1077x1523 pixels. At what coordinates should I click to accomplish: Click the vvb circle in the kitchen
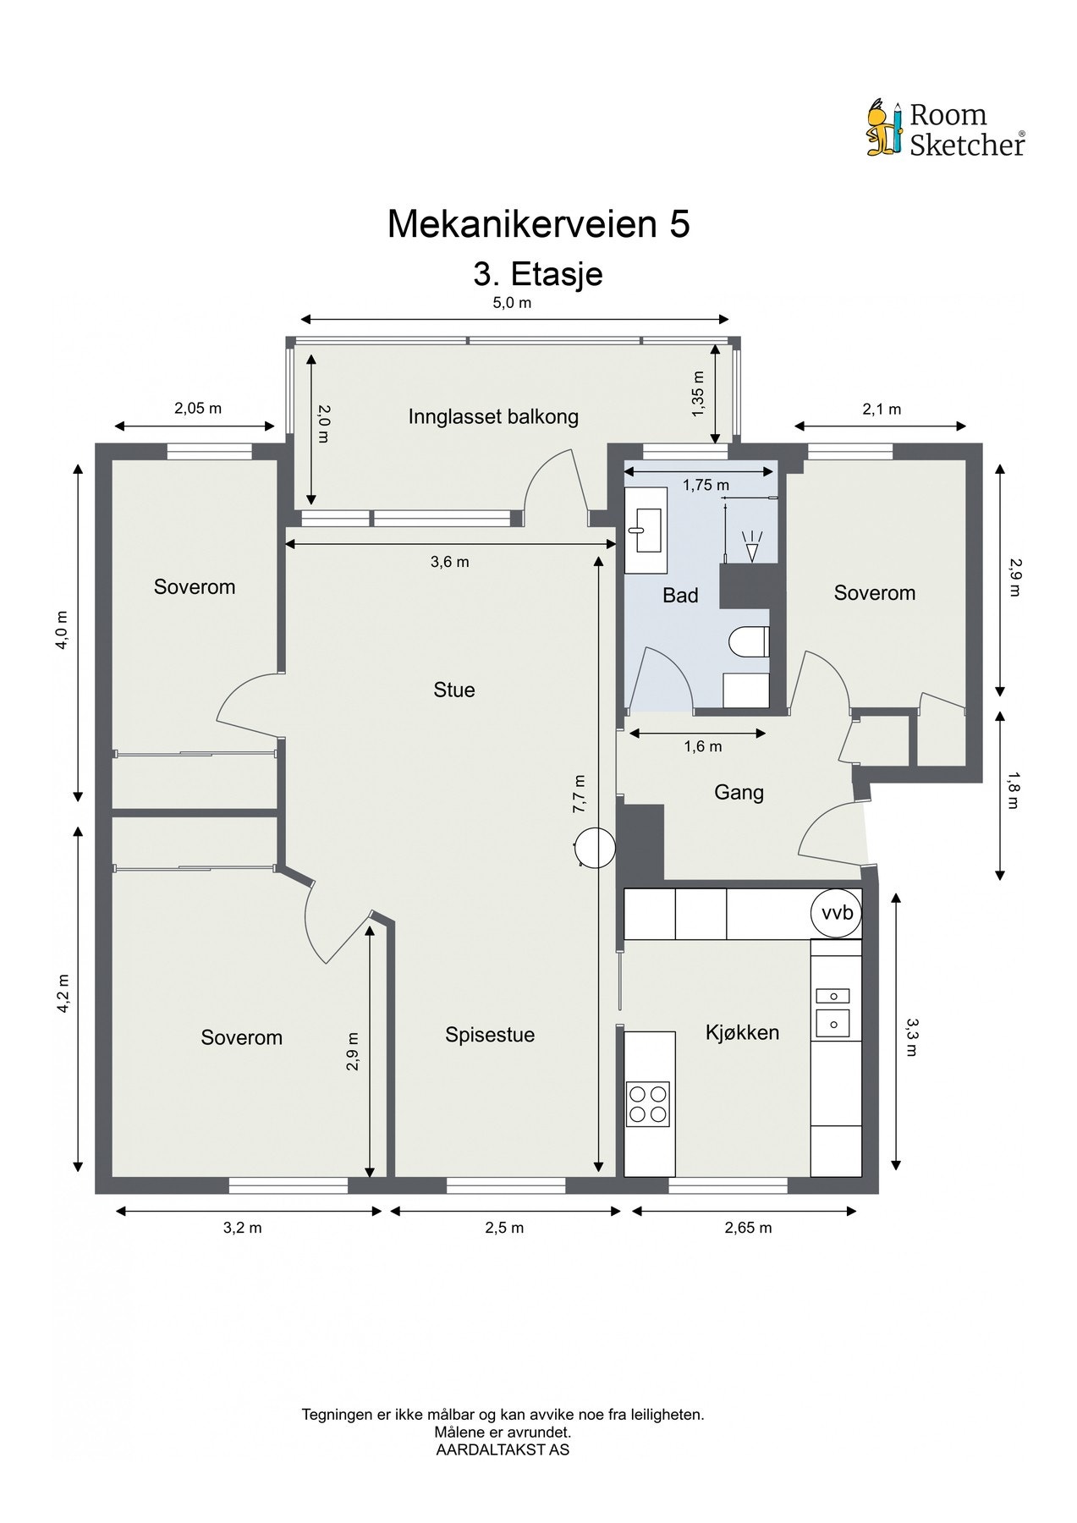point(837,913)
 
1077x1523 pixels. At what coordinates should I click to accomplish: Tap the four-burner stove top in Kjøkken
point(647,1103)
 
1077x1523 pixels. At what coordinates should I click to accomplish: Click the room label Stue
point(454,690)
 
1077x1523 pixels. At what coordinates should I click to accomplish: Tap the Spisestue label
point(490,1034)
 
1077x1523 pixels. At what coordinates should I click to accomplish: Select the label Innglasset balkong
point(493,416)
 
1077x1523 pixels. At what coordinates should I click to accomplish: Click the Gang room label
point(739,792)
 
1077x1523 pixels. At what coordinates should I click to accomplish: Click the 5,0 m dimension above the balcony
point(512,303)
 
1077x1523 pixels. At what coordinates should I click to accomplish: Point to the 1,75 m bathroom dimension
point(706,485)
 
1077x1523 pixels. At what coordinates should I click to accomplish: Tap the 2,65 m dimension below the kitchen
point(748,1228)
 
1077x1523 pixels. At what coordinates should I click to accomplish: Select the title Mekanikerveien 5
point(538,224)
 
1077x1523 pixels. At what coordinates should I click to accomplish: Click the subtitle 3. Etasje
point(538,274)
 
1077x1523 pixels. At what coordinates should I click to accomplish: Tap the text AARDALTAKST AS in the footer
point(503,1449)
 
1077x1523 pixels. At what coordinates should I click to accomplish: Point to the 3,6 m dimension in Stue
point(449,562)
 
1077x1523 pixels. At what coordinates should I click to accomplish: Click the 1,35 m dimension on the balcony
point(698,394)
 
